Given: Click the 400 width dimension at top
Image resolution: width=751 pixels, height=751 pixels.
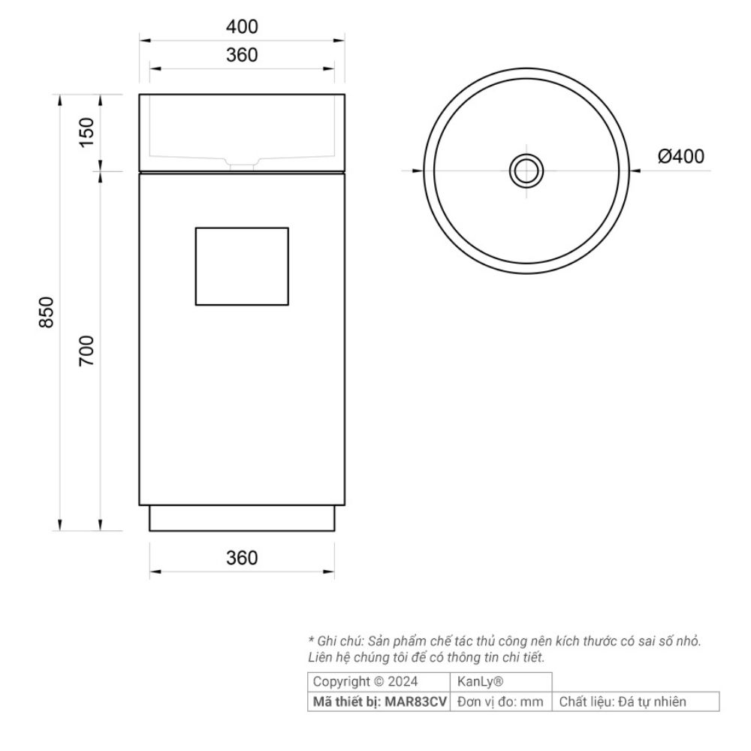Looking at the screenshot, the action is click(x=242, y=27).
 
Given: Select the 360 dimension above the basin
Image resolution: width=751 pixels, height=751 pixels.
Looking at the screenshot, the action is click(x=242, y=55).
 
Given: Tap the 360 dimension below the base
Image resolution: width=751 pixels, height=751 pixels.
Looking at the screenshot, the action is click(x=242, y=558).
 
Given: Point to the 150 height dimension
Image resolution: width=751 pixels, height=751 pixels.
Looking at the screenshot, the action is click(x=86, y=133).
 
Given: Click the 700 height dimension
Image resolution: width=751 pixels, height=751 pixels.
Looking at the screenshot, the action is click(x=86, y=351).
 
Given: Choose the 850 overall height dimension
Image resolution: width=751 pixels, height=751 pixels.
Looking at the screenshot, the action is click(x=47, y=312).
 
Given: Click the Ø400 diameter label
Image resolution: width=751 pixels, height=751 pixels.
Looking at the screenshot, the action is click(x=680, y=157).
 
